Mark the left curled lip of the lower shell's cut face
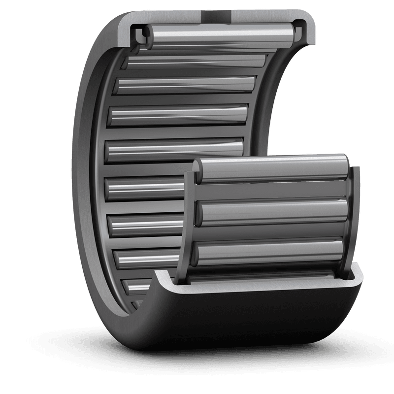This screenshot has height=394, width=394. pyautogui.click(x=165, y=281)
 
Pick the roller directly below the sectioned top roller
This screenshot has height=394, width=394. pyautogui.click(x=197, y=62)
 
